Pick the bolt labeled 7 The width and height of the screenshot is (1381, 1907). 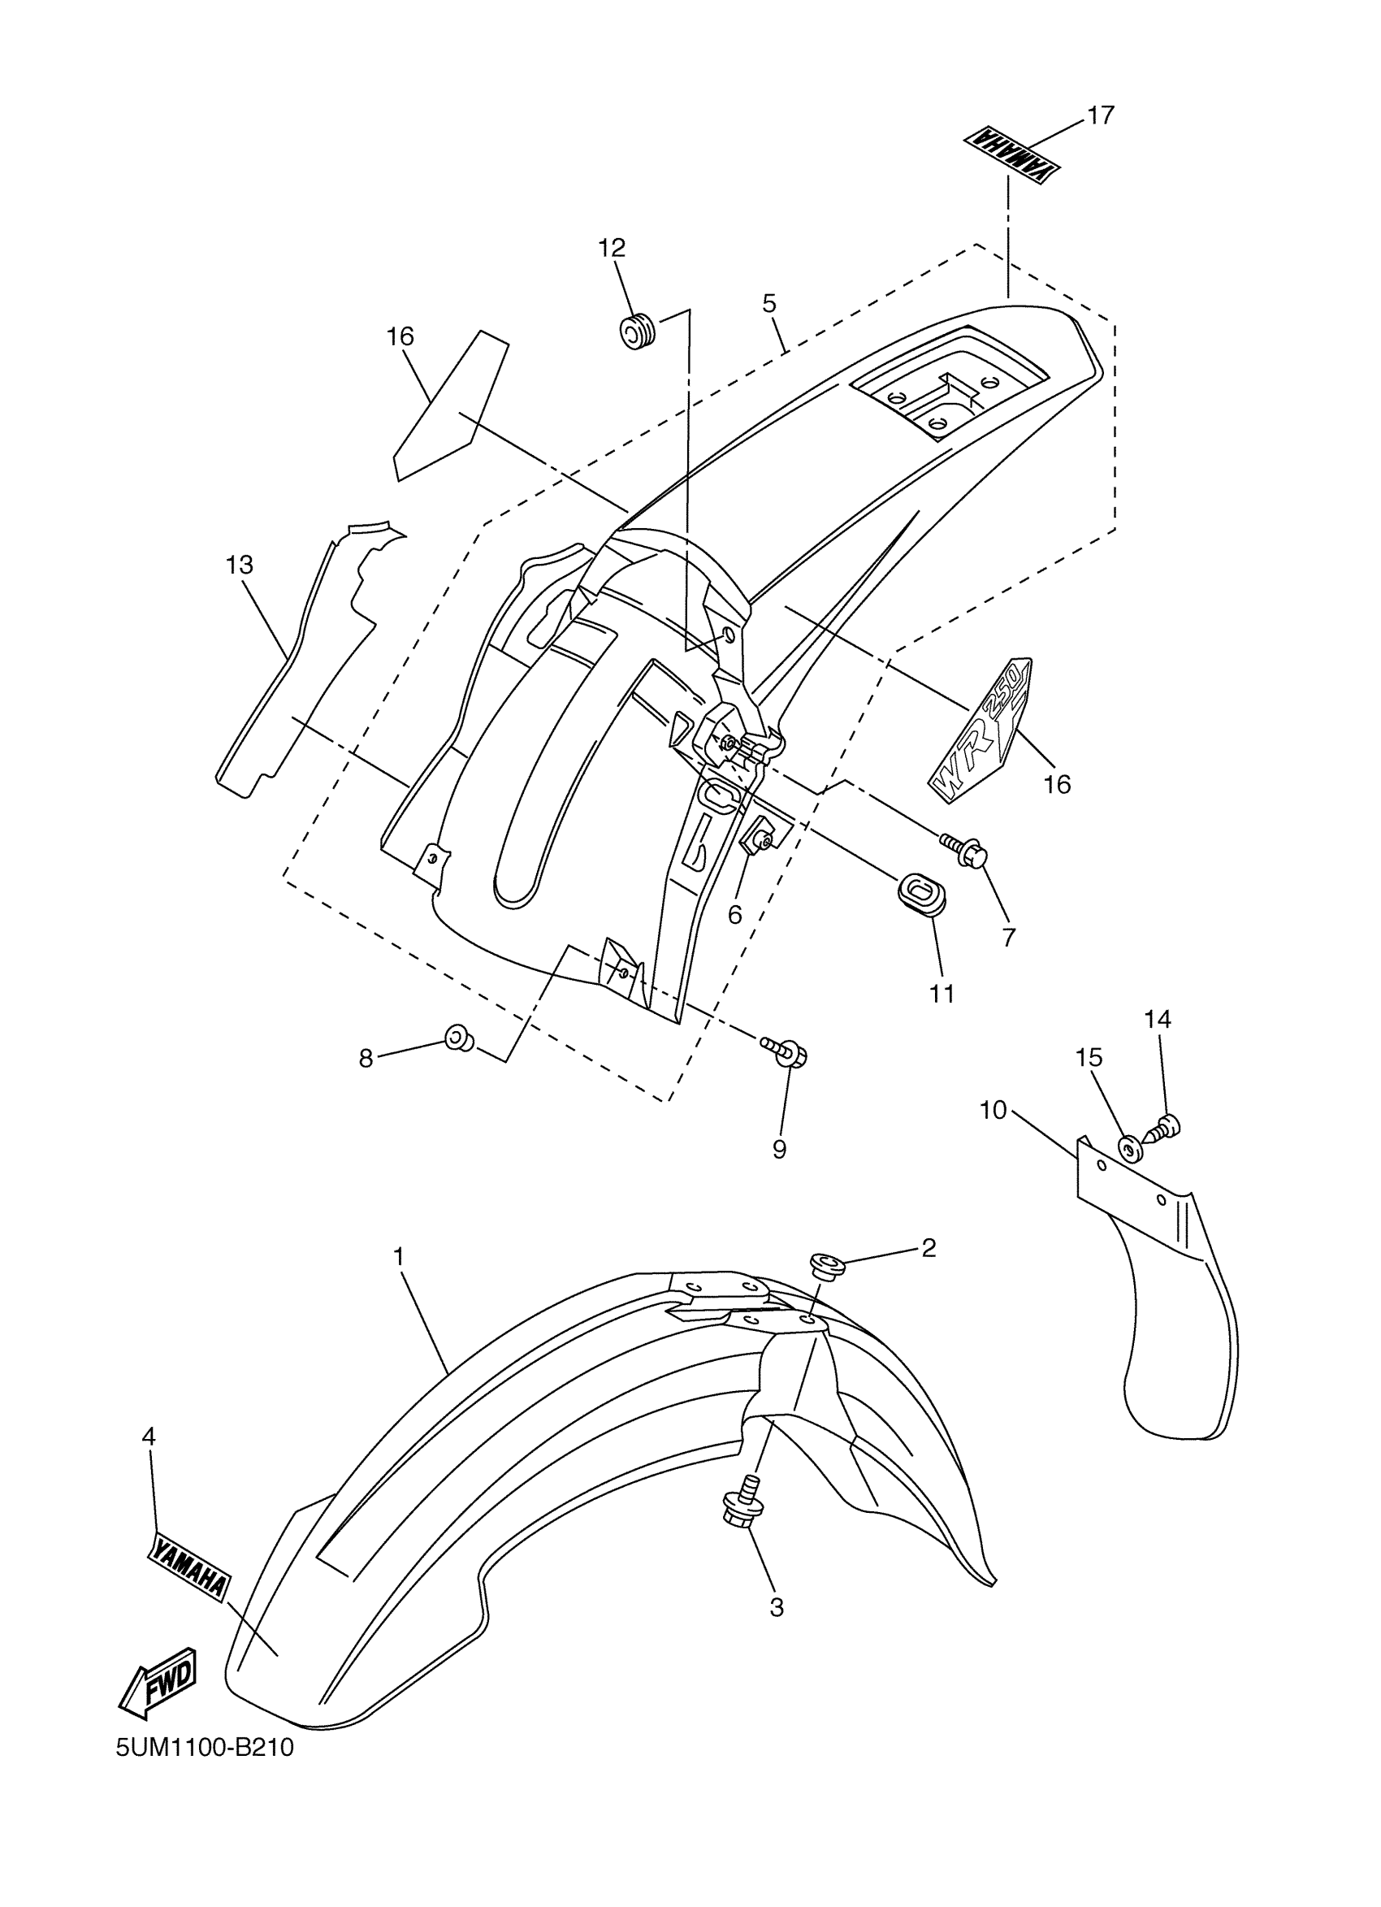963,849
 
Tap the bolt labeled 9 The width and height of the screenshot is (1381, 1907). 786,1051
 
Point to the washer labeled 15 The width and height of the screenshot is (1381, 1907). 1129,1145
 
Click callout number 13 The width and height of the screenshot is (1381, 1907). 240,565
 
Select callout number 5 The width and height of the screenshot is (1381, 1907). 770,303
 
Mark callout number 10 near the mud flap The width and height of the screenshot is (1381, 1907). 993,1110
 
